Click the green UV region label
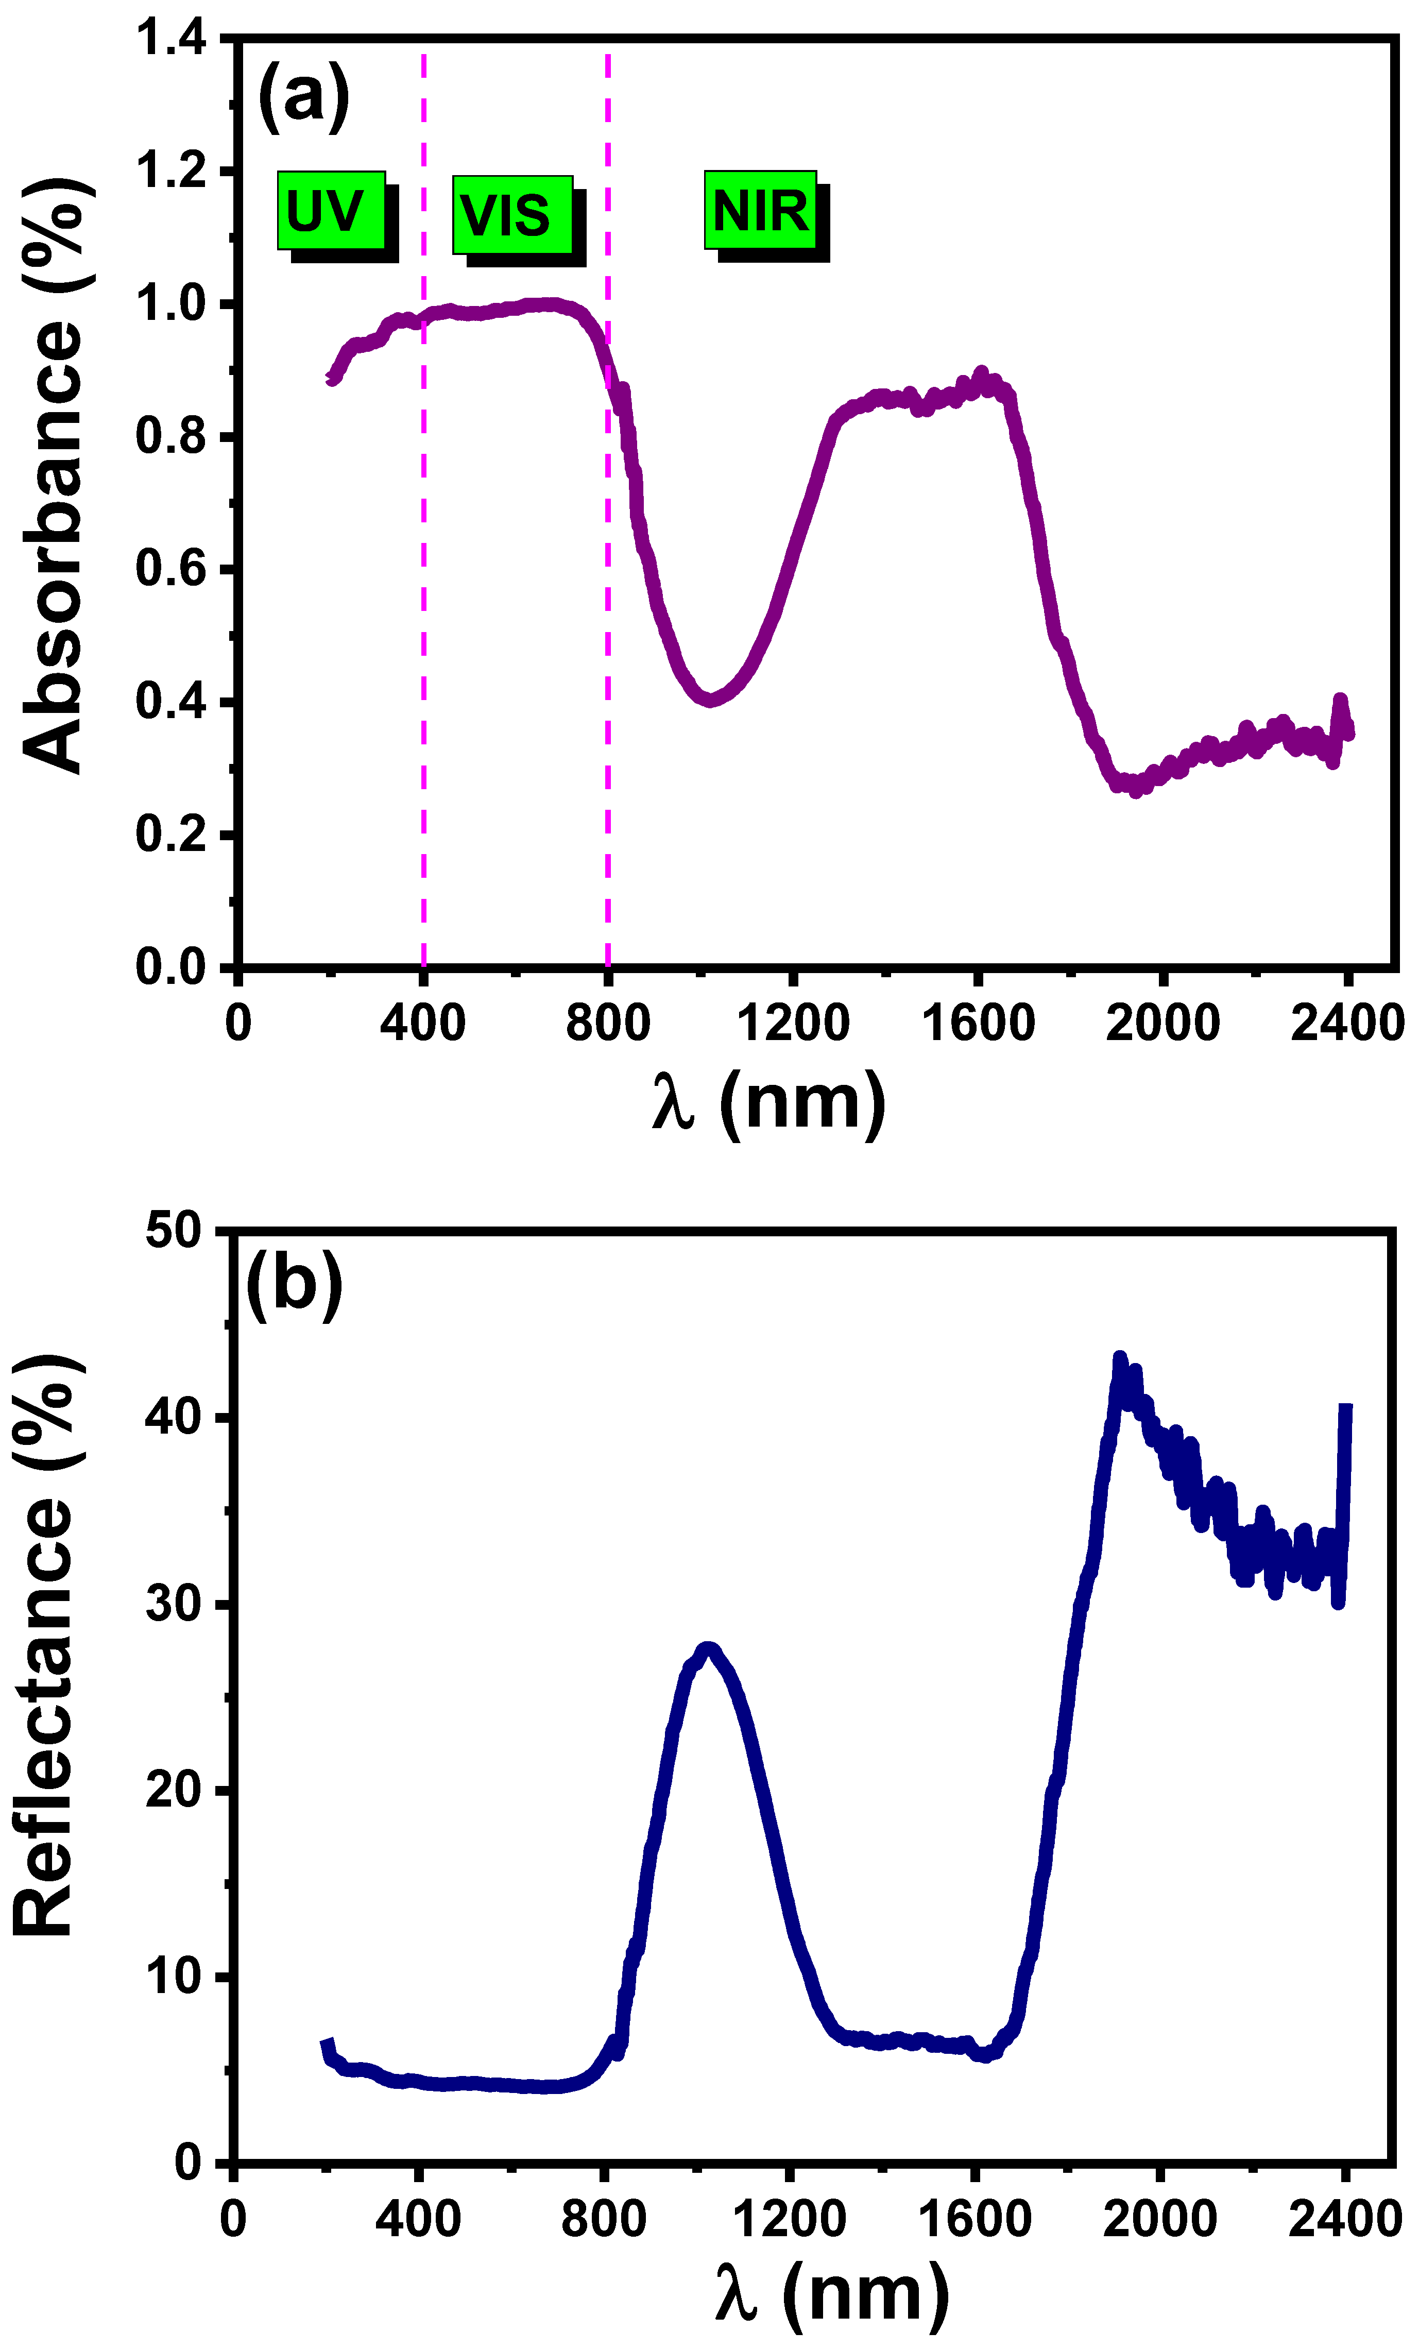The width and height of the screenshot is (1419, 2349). (x=331, y=211)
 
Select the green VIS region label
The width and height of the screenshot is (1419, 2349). (x=512, y=214)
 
